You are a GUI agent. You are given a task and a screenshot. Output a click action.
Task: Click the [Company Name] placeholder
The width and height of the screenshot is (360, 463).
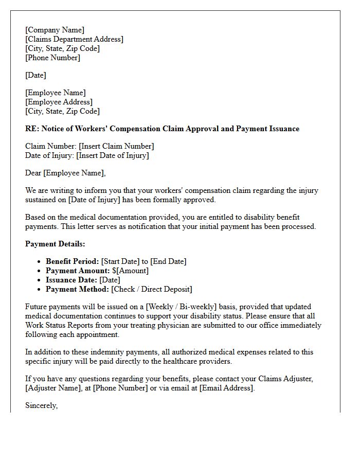[x=55, y=30]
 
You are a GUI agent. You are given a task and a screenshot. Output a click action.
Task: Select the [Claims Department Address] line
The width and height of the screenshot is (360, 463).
[x=74, y=39]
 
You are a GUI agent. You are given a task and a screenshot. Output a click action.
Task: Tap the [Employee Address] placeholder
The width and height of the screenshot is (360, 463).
[x=59, y=102]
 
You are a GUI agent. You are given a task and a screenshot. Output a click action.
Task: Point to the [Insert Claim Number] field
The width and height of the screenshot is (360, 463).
[x=116, y=146]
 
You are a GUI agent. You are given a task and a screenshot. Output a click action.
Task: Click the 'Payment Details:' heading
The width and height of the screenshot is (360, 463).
[x=55, y=244]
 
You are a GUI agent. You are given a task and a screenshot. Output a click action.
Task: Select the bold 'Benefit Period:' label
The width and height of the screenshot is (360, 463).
[x=72, y=261]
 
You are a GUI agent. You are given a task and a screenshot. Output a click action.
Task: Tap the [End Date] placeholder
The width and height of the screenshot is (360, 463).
[x=168, y=261]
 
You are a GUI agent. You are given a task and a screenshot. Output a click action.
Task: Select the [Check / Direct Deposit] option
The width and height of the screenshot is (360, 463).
[x=152, y=289]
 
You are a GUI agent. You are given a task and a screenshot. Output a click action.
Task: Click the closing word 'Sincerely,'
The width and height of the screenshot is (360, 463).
[x=42, y=405]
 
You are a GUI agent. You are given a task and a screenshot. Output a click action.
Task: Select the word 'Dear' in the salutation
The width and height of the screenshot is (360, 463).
[x=33, y=173]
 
